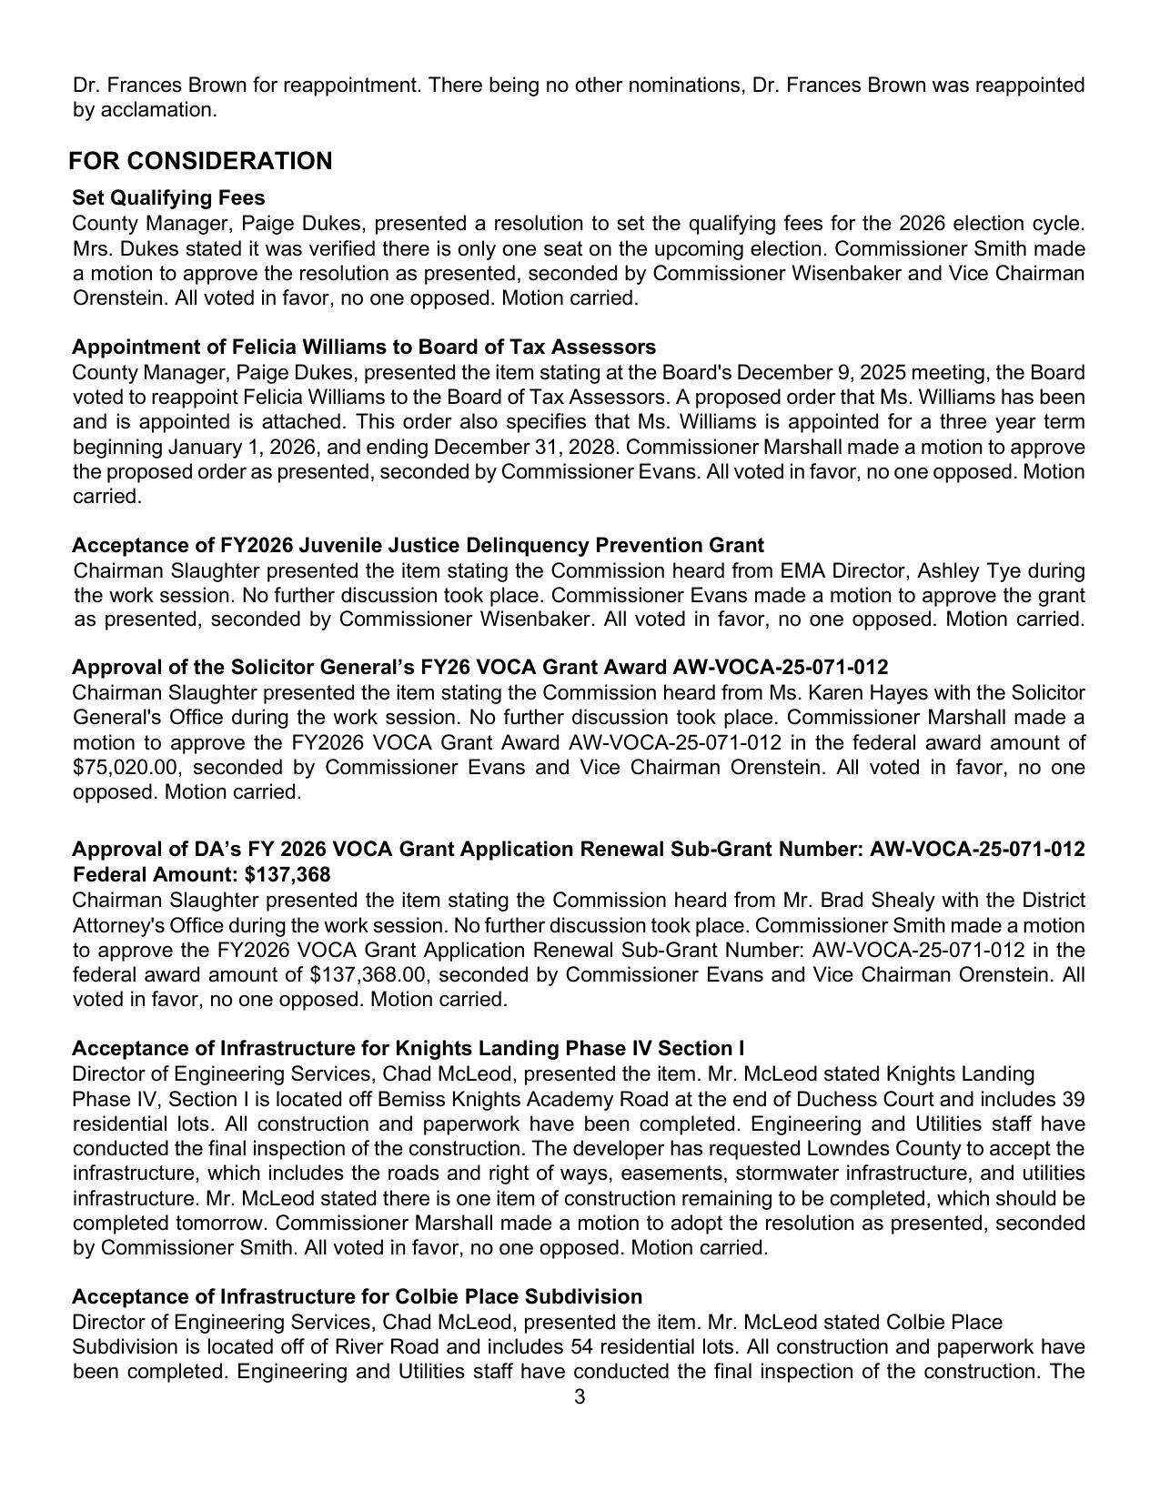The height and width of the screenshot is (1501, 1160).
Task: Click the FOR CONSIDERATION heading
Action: [200, 161]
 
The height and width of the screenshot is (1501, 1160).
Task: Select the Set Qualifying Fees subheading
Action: [168, 198]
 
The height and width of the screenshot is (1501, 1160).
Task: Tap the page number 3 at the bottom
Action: [580, 1397]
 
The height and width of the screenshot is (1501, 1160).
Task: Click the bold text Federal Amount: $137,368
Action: [201, 874]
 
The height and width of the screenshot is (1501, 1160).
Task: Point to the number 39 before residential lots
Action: [1072, 1099]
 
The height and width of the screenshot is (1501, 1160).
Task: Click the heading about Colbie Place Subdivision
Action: [357, 1296]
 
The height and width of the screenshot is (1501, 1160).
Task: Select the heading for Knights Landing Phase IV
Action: [408, 1048]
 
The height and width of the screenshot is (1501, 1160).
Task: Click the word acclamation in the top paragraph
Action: [158, 110]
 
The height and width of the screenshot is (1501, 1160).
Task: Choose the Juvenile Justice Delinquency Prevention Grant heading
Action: [418, 545]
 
